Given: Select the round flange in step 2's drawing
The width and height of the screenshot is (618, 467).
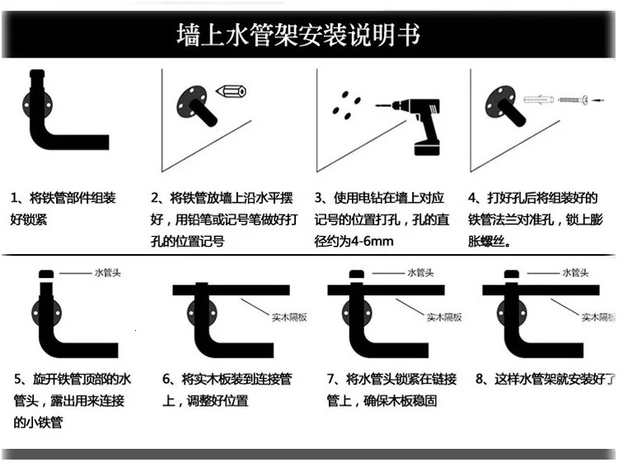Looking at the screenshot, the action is [190, 105].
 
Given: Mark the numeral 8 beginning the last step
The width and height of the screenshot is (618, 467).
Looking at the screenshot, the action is [480, 380].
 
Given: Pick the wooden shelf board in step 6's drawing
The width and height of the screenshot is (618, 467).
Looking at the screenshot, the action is [231, 290].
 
